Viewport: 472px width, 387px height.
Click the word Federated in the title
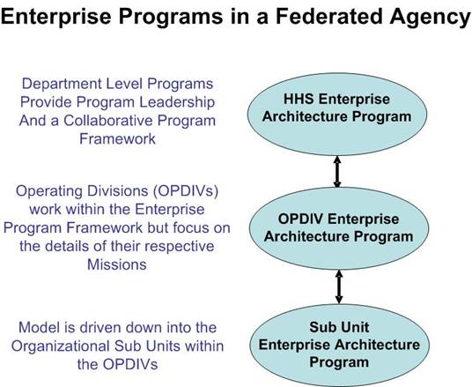click(x=330, y=16)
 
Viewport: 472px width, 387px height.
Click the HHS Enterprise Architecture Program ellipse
click(x=337, y=115)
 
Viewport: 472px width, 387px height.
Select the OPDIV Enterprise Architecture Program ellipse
click(x=339, y=228)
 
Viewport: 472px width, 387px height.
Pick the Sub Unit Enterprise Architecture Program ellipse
click(x=339, y=346)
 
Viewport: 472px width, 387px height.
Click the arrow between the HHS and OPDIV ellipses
click(x=337, y=172)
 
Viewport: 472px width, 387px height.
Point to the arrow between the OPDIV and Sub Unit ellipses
click(x=339, y=287)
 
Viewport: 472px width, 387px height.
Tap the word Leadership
click(x=177, y=103)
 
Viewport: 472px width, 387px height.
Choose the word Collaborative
click(x=108, y=121)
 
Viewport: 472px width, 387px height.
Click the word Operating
click(x=49, y=192)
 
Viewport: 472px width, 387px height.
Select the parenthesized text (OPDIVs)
click(x=186, y=191)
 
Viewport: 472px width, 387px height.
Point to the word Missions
click(x=117, y=264)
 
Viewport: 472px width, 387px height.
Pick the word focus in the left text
click(x=193, y=227)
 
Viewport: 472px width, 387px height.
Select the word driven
click(x=101, y=327)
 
